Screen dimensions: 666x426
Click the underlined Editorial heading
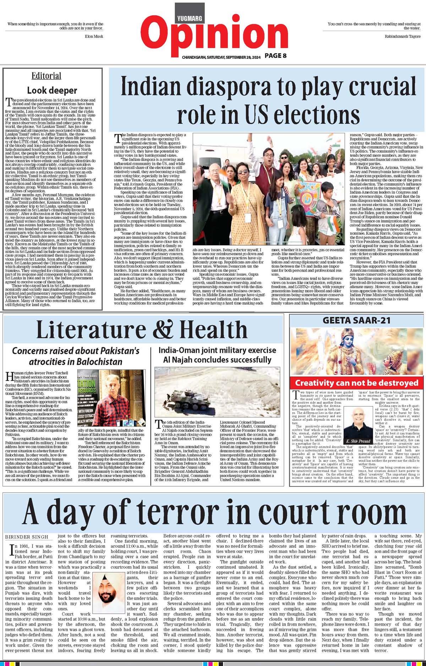(x=46, y=76)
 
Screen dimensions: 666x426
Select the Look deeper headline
(x=52, y=90)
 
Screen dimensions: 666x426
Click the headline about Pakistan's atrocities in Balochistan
(x=76, y=356)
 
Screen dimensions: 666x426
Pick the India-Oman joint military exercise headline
(x=217, y=355)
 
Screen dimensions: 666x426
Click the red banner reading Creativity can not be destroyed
(x=357, y=383)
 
